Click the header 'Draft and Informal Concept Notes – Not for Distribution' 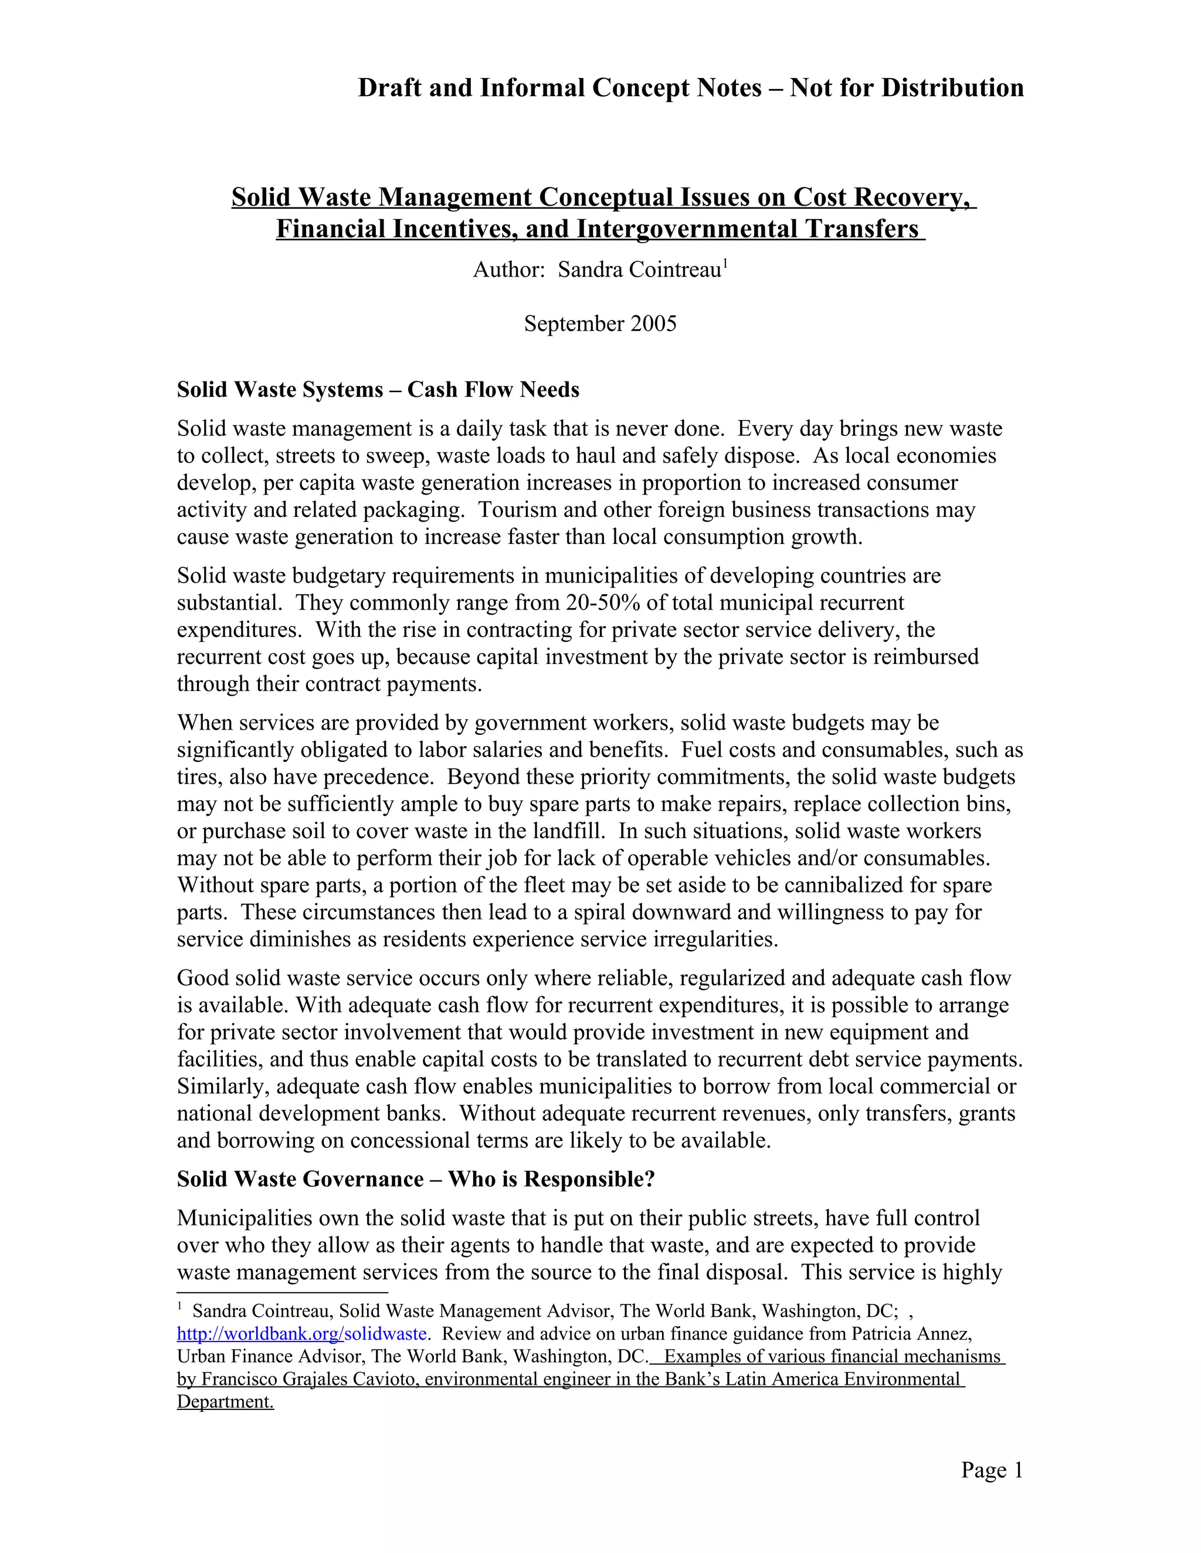tap(690, 88)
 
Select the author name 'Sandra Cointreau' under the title tap(639, 270)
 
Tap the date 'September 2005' tap(600, 323)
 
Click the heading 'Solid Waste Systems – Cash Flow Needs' tap(378, 390)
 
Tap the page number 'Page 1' tap(991, 1470)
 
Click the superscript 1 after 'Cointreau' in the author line tap(725, 264)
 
